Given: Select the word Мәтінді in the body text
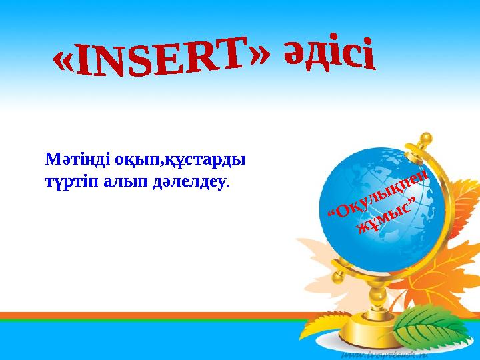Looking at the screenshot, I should pyautogui.click(x=66, y=161).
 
